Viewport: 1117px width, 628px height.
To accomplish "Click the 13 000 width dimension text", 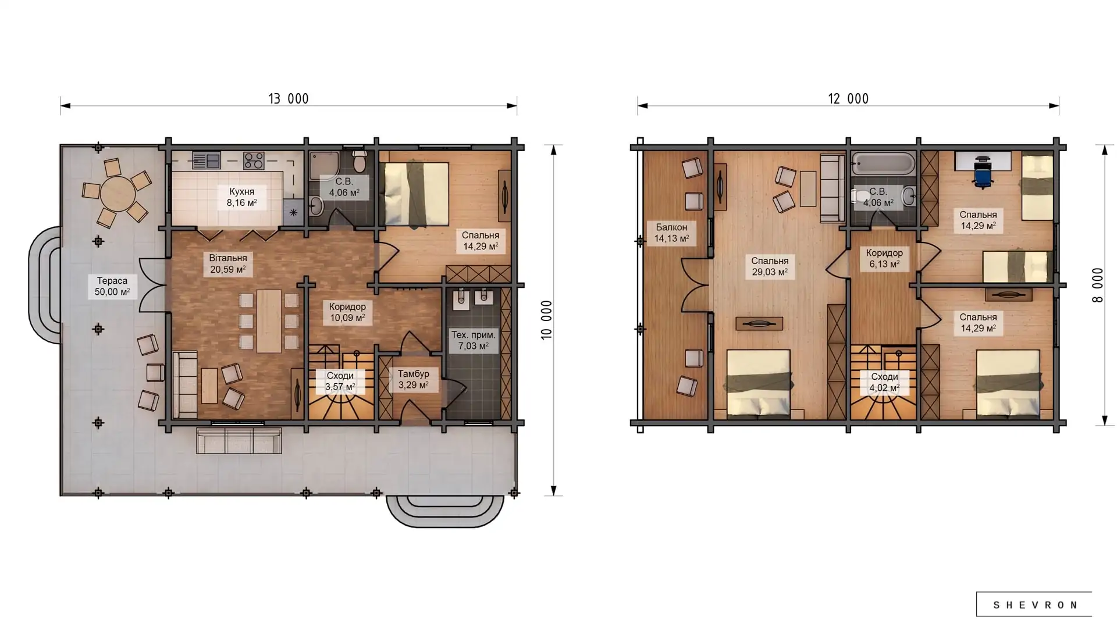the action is coord(289,99).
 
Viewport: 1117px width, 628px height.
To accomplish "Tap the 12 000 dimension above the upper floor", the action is coord(848,99).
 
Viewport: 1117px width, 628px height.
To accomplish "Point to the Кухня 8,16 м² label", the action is coord(241,197).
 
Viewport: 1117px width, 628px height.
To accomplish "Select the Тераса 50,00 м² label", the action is coord(112,286).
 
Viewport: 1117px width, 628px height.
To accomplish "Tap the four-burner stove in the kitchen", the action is coord(254,160).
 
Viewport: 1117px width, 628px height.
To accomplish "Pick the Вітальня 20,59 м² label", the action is coord(228,263).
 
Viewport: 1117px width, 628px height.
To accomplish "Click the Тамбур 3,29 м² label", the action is coord(413,379).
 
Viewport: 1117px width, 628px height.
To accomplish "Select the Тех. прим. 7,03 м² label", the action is coord(473,340).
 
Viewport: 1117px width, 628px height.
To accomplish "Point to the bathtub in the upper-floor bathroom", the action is coord(882,163).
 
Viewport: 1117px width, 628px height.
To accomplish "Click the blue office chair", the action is coord(983,173).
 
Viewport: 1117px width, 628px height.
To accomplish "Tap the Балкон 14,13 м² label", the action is coord(671,233).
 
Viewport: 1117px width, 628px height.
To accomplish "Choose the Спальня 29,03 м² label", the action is coord(770,266).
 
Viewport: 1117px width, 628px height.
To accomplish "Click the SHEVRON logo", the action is coord(1034,605).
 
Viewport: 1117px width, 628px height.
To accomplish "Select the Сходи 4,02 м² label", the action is coord(884,382).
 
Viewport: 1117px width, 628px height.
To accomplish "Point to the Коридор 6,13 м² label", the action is coord(884,258).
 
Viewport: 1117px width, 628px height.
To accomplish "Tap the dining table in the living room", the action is coord(269,321).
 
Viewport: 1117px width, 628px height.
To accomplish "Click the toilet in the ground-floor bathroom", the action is coord(360,161).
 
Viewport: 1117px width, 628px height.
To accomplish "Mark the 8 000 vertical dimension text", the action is coord(1097,285).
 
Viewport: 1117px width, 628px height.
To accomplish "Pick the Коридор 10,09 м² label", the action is coord(347,312).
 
